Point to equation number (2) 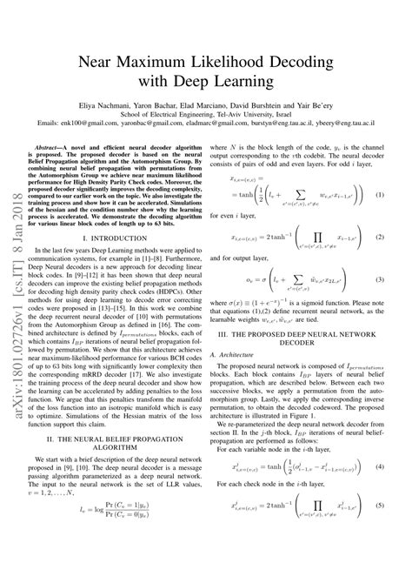click(x=379, y=259)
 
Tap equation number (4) click(x=379, y=516)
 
